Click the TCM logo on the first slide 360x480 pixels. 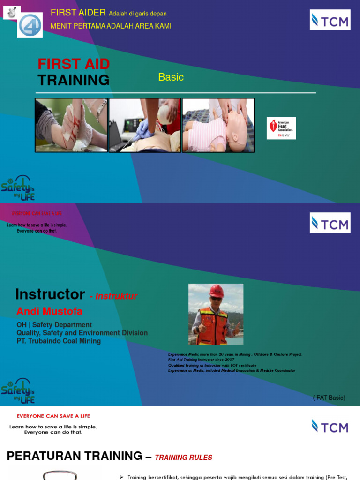pyautogui.click(x=330, y=20)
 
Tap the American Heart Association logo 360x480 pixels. pyautogui.click(x=281, y=128)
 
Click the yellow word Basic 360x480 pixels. pyautogui.click(x=171, y=77)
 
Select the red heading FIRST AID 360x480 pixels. pyautogui.click(x=74, y=64)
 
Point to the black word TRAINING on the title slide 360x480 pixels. pyautogui.click(x=74, y=80)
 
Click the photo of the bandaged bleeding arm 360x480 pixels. pyautogui.click(x=71, y=125)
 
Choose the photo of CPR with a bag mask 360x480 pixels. pyautogui.click(x=145, y=125)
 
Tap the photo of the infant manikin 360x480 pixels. pyautogui.click(x=218, y=125)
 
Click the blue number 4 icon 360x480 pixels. pyautogui.click(x=30, y=25)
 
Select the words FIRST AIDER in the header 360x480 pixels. pyautogui.click(x=78, y=13)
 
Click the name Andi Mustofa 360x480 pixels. pyautogui.click(x=50, y=311)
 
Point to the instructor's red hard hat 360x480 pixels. pyautogui.click(x=216, y=291)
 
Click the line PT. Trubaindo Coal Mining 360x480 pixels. pyautogui.click(x=59, y=341)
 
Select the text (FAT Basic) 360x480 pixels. pyautogui.click(x=329, y=397)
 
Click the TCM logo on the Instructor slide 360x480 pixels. pyautogui.click(x=330, y=223)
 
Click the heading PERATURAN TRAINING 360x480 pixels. pyautogui.click(x=75, y=456)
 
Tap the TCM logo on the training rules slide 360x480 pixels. pyautogui.click(x=330, y=426)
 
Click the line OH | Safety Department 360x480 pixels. pyautogui.click(x=54, y=325)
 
